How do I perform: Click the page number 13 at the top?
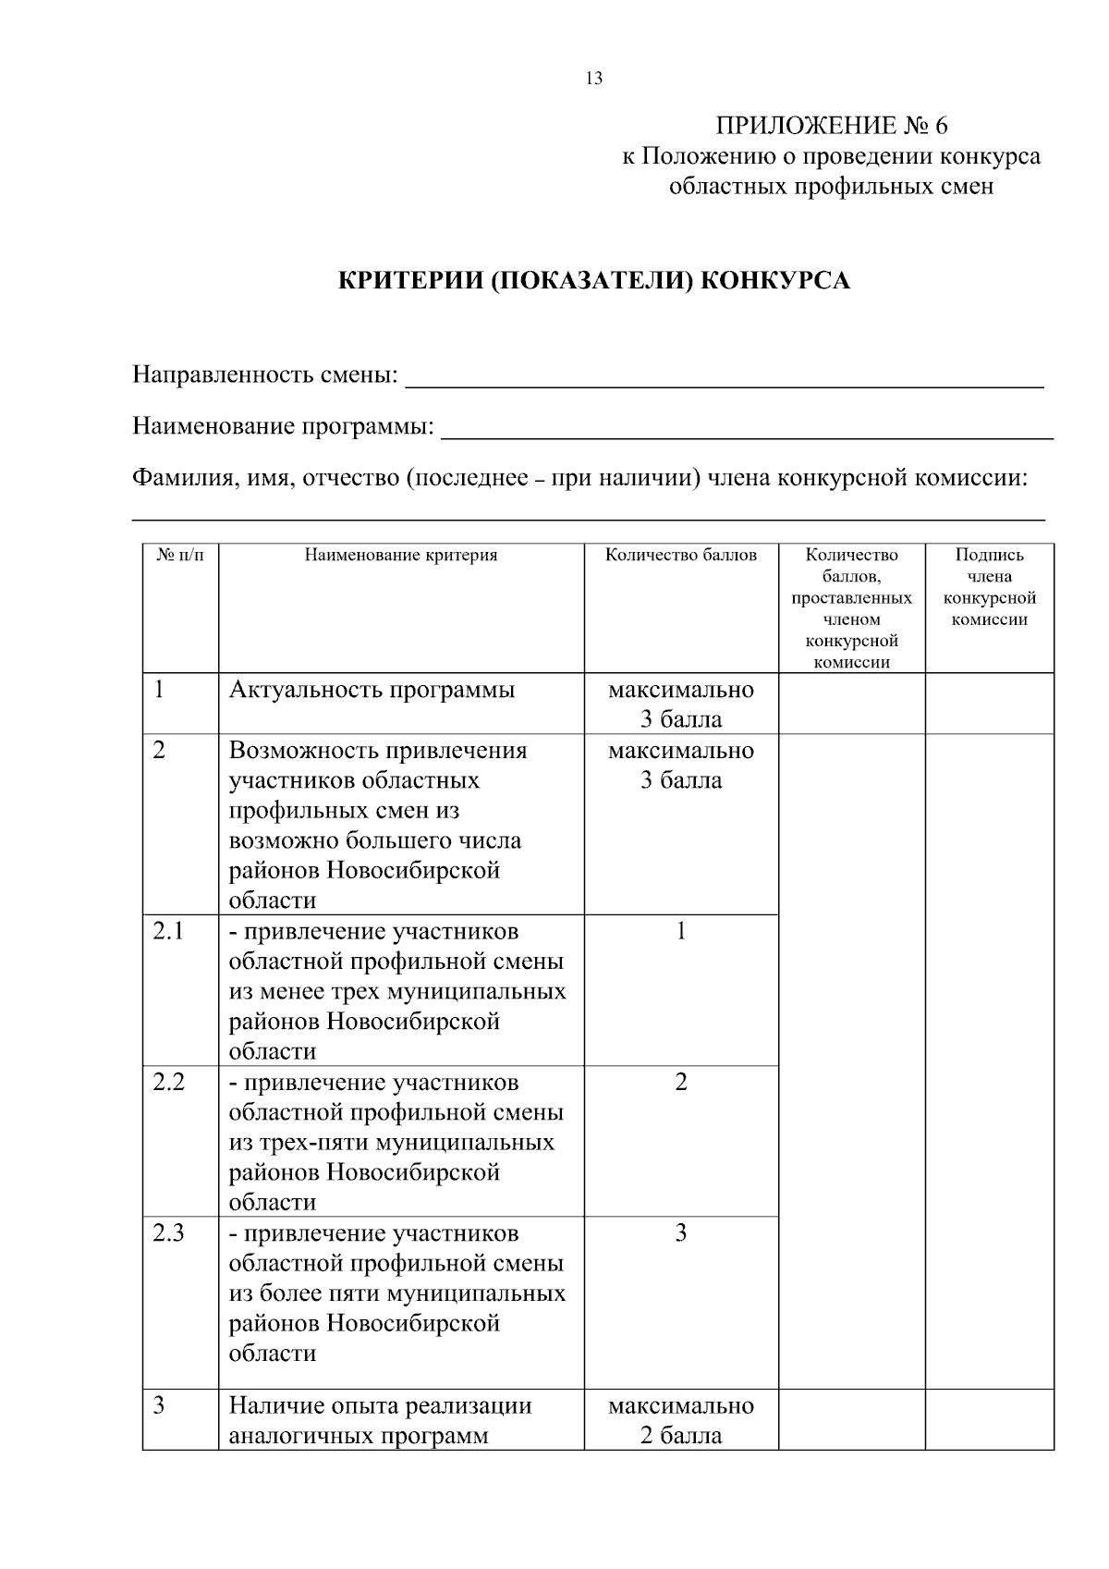click(x=593, y=79)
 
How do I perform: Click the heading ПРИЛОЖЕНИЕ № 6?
click(x=831, y=126)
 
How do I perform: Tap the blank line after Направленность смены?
click(x=725, y=379)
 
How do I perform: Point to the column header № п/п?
click(x=180, y=556)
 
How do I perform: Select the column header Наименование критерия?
click(x=401, y=556)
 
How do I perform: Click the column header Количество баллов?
click(x=681, y=556)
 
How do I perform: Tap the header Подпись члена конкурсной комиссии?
click(x=989, y=587)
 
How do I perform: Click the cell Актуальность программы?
click(x=372, y=690)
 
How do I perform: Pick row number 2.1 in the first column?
click(x=169, y=931)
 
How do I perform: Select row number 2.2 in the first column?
click(x=169, y=1082)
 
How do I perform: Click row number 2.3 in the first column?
click(x=169, y=1232)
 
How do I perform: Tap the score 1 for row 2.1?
click(x=681, y=931)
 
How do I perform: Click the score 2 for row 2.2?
click(x=681, y=1082)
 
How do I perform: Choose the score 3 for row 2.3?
click(x=681, y=1232)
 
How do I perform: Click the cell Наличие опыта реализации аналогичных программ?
click(x=380, y=1420)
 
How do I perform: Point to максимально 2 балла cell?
click(x=681, y=1420)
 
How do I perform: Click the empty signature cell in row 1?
click(x=989, y=704)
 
